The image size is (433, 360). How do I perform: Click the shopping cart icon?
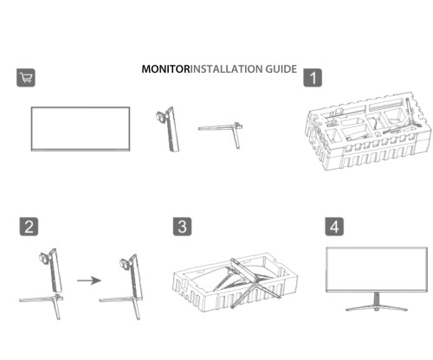point(26,78)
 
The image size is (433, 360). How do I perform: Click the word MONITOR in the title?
point(165,68)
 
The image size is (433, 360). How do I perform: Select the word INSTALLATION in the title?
point(227,68)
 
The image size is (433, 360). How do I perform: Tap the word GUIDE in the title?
point(281,68)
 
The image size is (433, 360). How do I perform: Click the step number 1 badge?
point(313,78)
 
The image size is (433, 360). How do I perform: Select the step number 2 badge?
point(29,227)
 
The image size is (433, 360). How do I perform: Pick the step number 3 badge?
point(182,227)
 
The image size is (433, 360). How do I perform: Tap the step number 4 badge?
point(334,227)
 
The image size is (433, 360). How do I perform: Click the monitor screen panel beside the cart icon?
point(81,128)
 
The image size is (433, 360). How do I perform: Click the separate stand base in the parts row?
point(222,129)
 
